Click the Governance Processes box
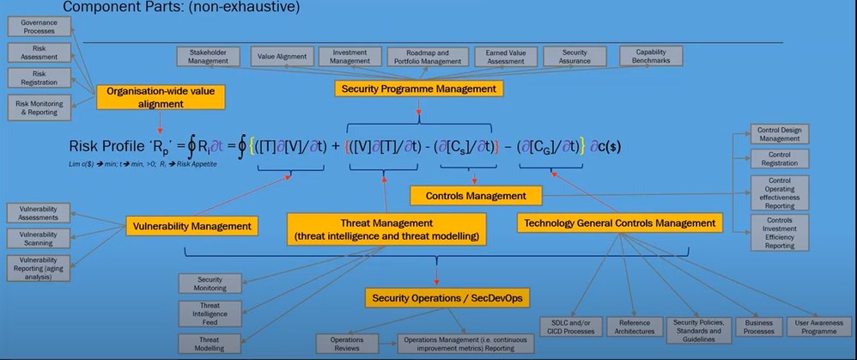point(38,26)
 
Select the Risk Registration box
point(38,78)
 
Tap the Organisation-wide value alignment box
point(161,97)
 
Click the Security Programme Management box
point(418,88)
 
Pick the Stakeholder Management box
point(208,56)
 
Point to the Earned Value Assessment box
point(507,57)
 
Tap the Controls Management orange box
point(476,196)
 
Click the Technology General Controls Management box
point(619,223)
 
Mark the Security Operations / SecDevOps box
point(447,297)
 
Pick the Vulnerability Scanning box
point(38,239)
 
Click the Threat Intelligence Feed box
point(210,314)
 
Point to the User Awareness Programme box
point(819,326)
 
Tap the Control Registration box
point(779,158)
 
